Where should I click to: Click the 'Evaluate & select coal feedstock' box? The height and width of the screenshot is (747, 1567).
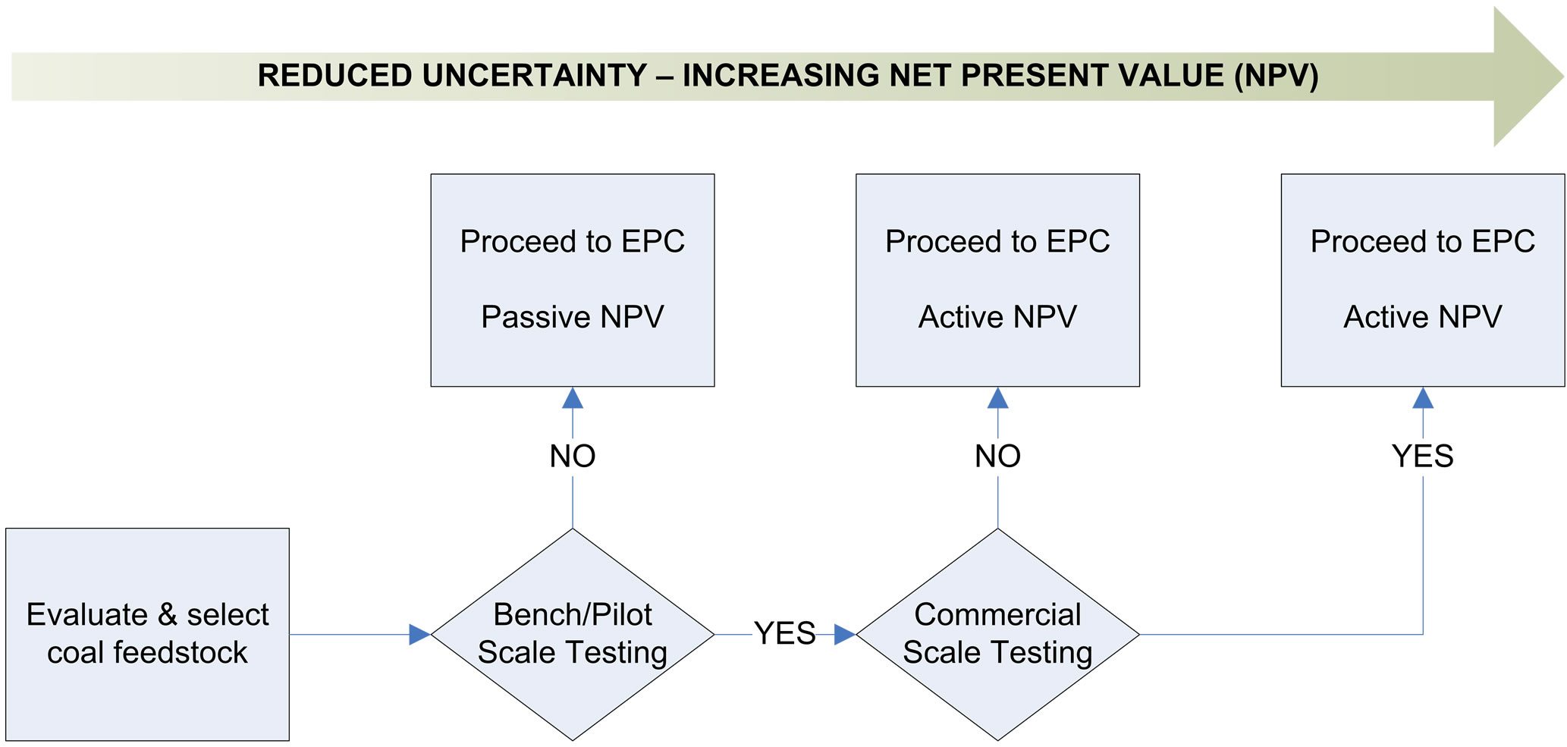click(x=147, y=634)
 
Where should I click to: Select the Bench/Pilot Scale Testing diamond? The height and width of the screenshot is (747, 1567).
click(x=573, y=634)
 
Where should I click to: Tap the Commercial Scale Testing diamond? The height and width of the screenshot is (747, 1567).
click(x=997, y=634)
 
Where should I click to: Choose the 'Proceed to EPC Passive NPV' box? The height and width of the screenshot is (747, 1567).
click(x=573, y=280)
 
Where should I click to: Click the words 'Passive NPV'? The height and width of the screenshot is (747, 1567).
click(x=573, y=317)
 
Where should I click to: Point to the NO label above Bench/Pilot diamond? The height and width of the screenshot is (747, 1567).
click(x=573, y=457)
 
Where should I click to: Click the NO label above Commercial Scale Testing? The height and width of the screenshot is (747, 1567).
click(x=997, y=457)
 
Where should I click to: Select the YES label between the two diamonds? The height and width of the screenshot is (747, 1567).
click(x=785, y=633)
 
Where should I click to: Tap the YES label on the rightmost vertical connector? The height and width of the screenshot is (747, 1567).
click(x=1423, y=457)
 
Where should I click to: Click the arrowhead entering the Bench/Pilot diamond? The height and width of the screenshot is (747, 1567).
click(x=419, y=634)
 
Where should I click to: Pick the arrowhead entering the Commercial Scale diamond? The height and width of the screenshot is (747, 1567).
click(x=845, y=634)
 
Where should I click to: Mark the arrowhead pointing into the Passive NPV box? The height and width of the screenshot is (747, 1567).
click(x=573, y=398)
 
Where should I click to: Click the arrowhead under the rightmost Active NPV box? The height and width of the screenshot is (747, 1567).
click(x=1423, y=398)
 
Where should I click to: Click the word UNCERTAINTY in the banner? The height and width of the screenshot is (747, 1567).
click(x=534, y=76)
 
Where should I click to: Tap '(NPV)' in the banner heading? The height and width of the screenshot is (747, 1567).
click(x=1276, y=76)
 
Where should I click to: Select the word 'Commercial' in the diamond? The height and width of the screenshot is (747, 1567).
click(x=997, y=615)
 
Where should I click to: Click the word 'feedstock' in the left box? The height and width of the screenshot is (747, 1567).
click(x=180, y=653)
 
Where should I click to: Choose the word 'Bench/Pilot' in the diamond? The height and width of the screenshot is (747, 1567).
click(x=573, y=615)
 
